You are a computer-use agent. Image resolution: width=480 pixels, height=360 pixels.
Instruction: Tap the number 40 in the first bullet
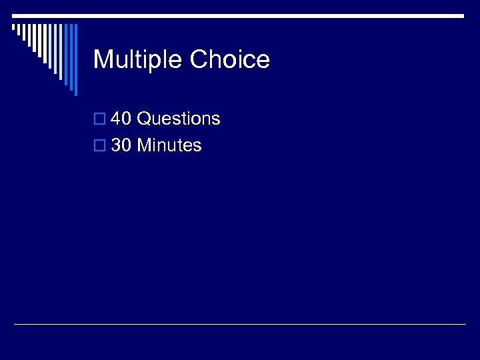click(x=121, y=119)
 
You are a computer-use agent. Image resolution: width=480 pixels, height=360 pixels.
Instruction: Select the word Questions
click(x=178, y=119)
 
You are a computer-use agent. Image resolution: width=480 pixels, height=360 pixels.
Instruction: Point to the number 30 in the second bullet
click(x=121, y=145)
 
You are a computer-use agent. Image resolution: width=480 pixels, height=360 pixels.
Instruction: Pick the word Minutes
click(x=169, y=145)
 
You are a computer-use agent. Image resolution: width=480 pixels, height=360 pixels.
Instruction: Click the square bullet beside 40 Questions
click(x=99, y=119)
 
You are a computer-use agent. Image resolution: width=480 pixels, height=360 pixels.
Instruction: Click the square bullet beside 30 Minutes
click(x=99, y=146)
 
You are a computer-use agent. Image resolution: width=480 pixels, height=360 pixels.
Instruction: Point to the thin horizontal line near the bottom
click(x=240, y=325)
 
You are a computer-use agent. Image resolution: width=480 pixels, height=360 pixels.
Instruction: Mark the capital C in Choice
click(x=199, y=59)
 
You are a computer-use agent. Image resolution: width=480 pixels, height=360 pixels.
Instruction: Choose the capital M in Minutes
click(x=144, y=145)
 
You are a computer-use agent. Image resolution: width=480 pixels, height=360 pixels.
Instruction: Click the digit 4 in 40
click(x=116, y=119)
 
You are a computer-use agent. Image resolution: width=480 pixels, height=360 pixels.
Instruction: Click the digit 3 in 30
click(x=116, y=145)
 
